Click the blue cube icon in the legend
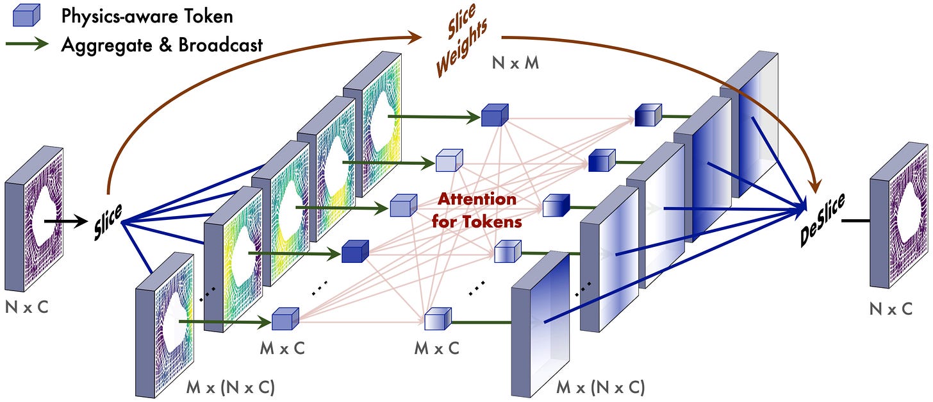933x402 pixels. [x=26, y=15]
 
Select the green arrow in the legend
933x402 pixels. [x=27, y=44]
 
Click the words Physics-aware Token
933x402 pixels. [x=147, y=16]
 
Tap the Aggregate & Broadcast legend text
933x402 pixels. [x=162, y=45]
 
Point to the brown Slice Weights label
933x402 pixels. [x=461, y=40]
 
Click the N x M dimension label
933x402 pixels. [x=515, y=63]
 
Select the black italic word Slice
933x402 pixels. [x=108, y=222]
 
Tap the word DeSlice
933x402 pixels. [x=822, y=219]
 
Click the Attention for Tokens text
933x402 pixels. [x=477, y=210]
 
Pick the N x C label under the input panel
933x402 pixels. [x=27, y=308]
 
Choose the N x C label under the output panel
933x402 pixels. [x=891, y=309]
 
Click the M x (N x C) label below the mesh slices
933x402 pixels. [x=230, y=387]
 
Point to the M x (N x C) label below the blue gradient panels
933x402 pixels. [x=600, y=387]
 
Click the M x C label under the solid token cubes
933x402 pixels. [x=283, y=348]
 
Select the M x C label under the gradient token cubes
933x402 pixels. [x=437, y=348]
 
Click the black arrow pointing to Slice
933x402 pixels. [x=66, y=221]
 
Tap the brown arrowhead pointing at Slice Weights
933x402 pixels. [x=414, y=37]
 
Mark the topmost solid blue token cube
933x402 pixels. [x=495, y=115]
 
